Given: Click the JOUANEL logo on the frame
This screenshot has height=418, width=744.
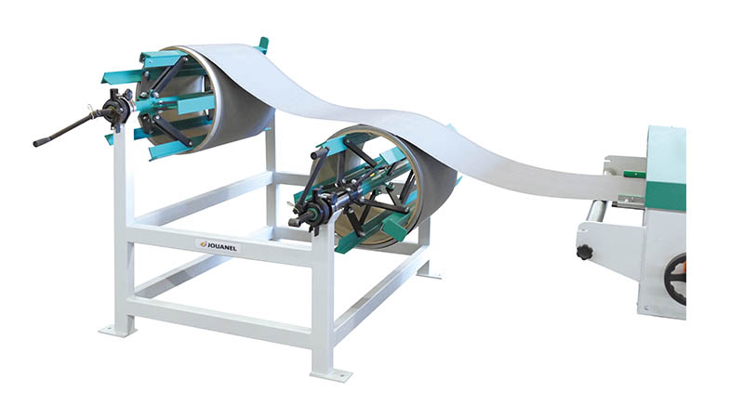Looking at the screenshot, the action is [219, 246].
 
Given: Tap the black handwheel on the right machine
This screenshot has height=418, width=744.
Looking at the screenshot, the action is [676, 280].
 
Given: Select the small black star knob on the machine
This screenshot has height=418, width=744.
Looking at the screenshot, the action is [584, 252].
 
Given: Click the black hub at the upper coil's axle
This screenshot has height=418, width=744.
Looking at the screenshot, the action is [117, 109].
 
